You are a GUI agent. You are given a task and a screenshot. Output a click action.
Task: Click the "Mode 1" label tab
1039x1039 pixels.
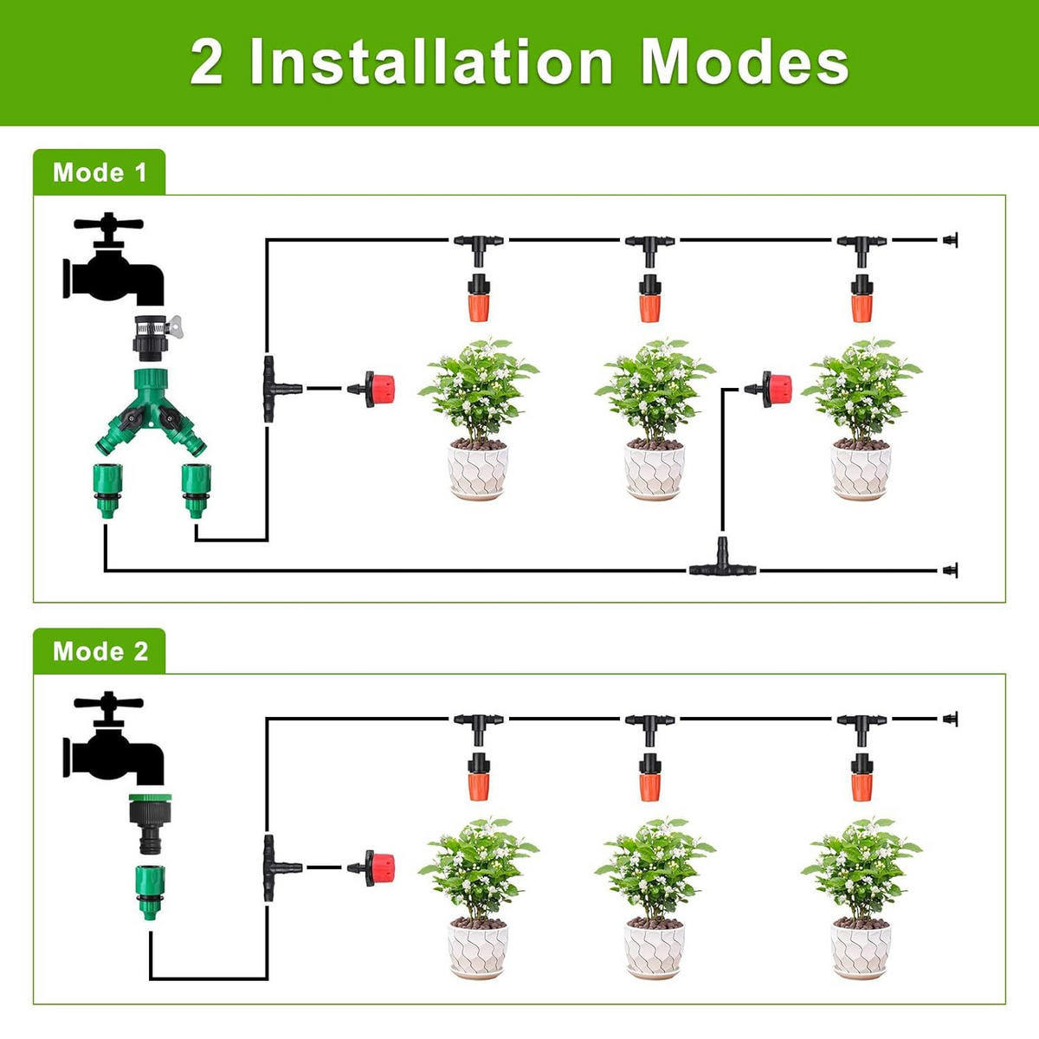pyautogui.click(x=100, y=172)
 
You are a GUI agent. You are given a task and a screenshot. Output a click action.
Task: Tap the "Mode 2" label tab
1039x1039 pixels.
pyautogui.click(x=100, y=651)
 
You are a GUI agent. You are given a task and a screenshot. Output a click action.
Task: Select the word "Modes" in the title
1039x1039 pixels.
pyautogui.click(x=745, y=62)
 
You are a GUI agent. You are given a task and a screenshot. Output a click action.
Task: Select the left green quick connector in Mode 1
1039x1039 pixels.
pyautogui.click(x=107, y=490)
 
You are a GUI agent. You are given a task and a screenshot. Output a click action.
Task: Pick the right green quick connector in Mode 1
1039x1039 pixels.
pyautogui.click(x=196, y=490)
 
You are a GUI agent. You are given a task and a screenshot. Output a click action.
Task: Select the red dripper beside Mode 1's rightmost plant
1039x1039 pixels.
pyautogui.click(x=770, y=388)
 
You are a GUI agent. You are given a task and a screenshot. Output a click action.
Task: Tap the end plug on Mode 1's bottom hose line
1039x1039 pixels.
pyautogui.click(x=950, y=570)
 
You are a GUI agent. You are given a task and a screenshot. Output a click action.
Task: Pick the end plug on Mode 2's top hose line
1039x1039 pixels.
pyautogui.click(x=950, y=719)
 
